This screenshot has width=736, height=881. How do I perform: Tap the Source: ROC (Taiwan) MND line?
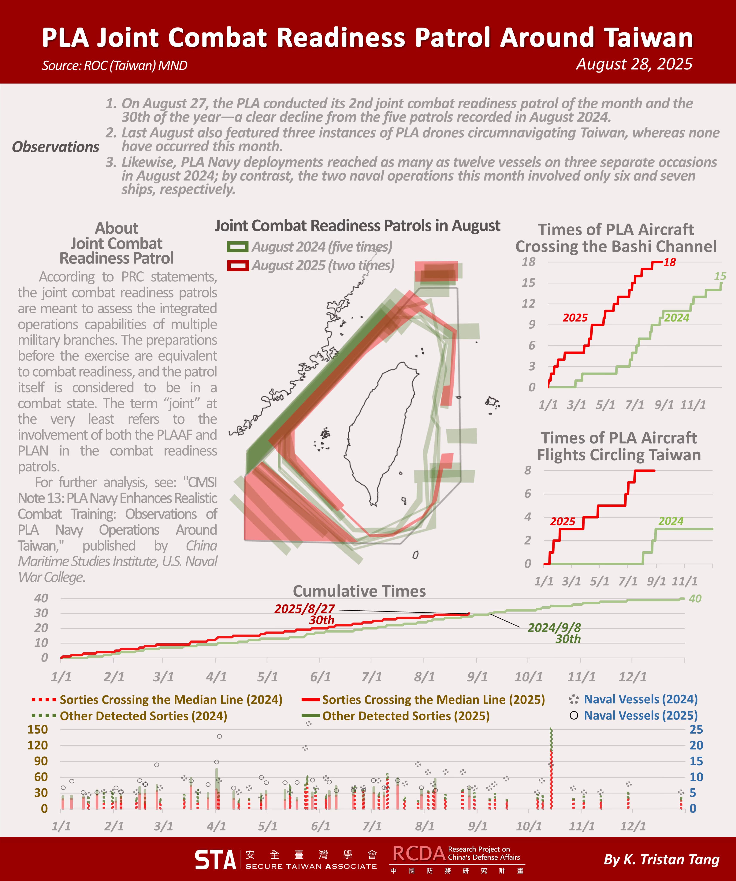(115, 66)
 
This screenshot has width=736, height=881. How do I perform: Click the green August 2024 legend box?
(237, 247)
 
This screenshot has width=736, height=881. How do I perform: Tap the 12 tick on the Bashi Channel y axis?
(528, 303)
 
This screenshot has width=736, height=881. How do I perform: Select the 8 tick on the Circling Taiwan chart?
(527, 470)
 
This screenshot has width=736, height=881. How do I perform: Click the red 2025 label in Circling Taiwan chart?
(562, 521)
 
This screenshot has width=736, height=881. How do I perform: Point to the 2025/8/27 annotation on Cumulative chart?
(305, 609)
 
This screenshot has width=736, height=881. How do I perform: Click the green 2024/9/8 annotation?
(554, 628)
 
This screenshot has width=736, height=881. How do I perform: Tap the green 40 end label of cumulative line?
(695, 599)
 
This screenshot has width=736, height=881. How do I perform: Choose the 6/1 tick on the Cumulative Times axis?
(320, 677)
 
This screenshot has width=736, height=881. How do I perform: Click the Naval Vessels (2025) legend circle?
(574, 715)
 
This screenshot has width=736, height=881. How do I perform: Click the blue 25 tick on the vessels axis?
(696, 730)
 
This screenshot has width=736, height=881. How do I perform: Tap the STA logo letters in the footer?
(216, 860)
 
